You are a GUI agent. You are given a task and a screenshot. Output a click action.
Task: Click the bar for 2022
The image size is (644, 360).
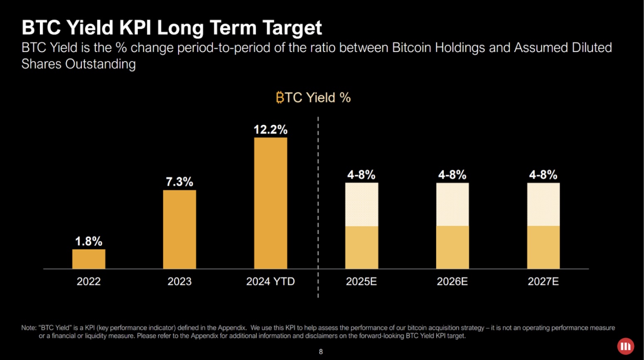coord(88,259)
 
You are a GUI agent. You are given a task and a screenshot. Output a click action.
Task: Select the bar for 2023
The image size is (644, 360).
coord(179,229)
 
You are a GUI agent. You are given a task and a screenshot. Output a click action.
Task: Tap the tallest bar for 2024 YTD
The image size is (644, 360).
coord(270,203)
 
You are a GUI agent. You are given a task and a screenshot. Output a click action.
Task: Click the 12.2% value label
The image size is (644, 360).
coord(270,130)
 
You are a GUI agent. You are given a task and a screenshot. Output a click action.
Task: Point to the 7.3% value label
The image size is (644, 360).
coord(179,182)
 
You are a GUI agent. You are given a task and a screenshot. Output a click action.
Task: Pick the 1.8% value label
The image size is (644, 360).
coord(88,241)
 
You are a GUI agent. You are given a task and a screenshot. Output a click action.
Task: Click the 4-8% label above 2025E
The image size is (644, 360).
coord(361,175)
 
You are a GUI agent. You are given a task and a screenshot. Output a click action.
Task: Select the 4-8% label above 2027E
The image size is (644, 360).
coord(543,175)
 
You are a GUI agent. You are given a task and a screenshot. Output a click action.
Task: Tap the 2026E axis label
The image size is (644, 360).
coord(452,281)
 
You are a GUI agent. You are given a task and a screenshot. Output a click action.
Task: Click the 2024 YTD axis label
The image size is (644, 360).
coord(270,281)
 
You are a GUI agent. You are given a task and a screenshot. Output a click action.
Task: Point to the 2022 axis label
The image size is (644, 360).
coord(88,281)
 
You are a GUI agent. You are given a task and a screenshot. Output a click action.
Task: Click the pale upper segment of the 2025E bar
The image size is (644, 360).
coord(361,205)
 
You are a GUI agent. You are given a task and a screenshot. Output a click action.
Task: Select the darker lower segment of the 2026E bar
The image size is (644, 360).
coord(452,247)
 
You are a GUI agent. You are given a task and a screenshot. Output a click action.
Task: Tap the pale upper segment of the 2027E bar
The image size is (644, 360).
coord(543,205)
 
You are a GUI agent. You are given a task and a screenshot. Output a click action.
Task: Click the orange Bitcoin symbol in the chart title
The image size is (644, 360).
coord(280,98)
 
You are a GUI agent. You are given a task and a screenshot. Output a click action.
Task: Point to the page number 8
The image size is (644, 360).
coord(321,352)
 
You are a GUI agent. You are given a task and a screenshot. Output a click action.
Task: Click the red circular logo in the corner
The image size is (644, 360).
coord(625,346)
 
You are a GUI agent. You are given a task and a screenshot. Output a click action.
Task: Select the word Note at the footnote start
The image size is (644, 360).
coord(28,328)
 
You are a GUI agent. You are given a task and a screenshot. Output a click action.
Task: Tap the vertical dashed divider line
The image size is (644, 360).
coord(318,208)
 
